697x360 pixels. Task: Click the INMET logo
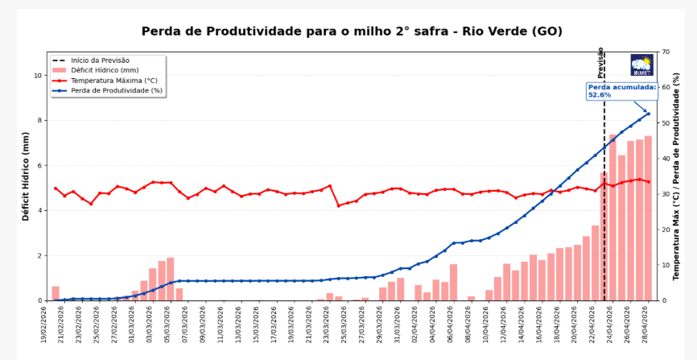[641, 65]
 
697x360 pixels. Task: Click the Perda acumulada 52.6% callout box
[621, 90]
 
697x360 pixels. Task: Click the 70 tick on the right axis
[666, 52]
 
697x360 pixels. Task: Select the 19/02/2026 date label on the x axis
[47, 327]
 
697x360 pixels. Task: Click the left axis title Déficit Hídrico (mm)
[26, 176]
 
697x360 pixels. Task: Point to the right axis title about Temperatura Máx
[678, 176]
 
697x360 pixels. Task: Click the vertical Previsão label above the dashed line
[600, 62]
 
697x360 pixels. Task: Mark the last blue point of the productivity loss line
[648, 114]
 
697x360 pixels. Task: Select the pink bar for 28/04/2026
[648, 218]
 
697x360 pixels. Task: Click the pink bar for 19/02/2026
[56, 293]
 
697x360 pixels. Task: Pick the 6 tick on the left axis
[40, 166]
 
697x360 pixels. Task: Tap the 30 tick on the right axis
[666, 194]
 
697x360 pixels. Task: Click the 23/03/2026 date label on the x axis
[329, 327]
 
